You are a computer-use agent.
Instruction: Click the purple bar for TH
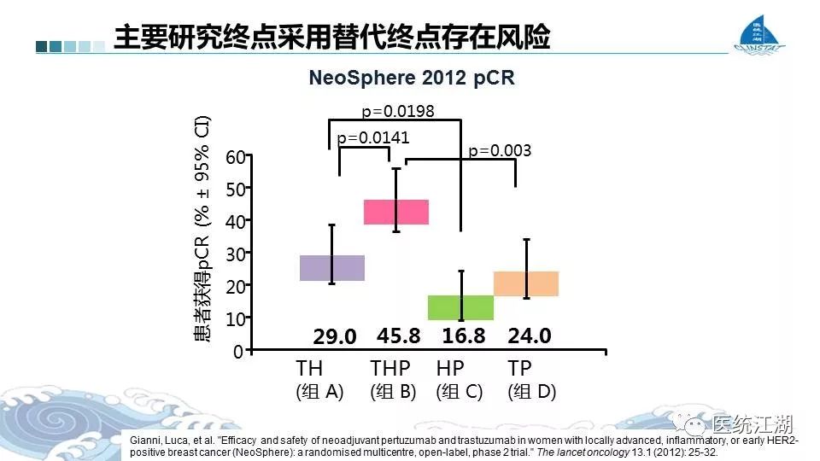[x=332, y=268]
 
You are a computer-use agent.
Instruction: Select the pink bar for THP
[x=395, y=212]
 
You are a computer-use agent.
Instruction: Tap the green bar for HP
[x=460, y=307]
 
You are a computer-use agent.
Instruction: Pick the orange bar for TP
[x=526, y=283]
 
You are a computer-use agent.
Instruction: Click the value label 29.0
[x=334, y=337]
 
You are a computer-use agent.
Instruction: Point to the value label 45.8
[x=399, y=336]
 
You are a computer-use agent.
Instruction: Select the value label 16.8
[x=464, y=336]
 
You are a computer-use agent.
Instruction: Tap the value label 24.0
[x=529, y=336]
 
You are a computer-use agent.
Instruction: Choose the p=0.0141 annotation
[x=374, y=137]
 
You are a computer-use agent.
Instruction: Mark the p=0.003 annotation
[x=500, y=150]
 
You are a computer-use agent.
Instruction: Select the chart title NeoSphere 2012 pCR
[x=411, y=78]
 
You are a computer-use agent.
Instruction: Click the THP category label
[x=390, y=369]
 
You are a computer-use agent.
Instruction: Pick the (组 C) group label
[x=460, y=393]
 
